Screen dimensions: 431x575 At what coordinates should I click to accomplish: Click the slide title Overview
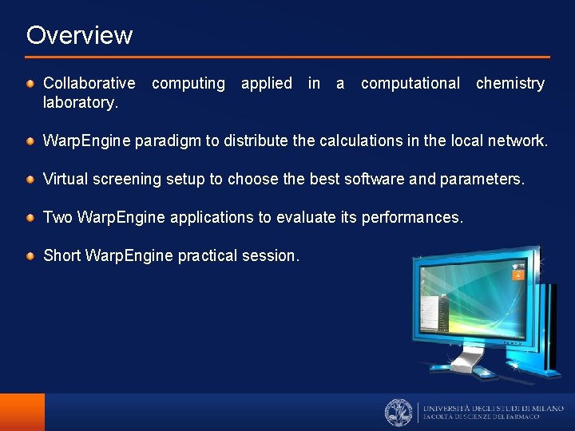(x=79, y=35)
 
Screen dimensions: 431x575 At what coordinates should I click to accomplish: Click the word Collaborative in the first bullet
(x=89, y=83)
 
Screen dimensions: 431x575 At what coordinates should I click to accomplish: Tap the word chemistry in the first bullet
(x=510, y=83)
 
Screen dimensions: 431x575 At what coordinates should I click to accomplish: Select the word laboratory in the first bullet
(x=80, y=102)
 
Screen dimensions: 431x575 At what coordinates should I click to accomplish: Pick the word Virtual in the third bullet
(x=65, y=179)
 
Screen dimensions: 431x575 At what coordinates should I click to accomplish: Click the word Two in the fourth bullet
(x=57, y=217)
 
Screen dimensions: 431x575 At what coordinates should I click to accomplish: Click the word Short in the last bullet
(x=61, y=255)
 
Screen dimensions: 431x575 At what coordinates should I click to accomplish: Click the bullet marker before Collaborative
(x=30, y=83)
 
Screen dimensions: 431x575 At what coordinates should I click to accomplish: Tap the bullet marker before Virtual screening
(x=30, y=179)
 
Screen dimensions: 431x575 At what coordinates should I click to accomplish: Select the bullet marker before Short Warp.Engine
(x=30, y=255)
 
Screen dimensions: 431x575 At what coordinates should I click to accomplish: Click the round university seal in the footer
(x=399, y=412)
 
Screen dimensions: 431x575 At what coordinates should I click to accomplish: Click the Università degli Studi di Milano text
(x=493, y=408)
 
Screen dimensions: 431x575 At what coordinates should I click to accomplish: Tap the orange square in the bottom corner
(x=22, y=412)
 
